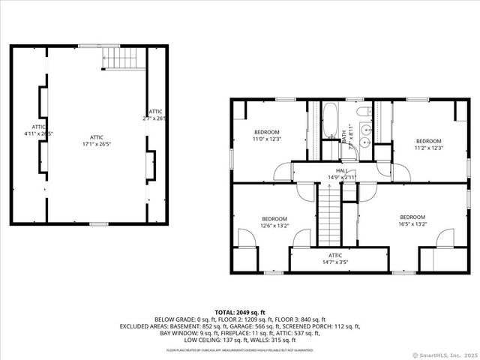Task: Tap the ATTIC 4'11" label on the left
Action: click(x=38, y=130)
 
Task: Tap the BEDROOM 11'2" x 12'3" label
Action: click(x=428, y=145)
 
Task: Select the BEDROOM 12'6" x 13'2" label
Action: click(x=274, y=222)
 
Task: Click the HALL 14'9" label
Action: click(x=341, y=174)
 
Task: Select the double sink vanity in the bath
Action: click(x=365, y=136)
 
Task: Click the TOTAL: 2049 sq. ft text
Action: click(x=239, y=311)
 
